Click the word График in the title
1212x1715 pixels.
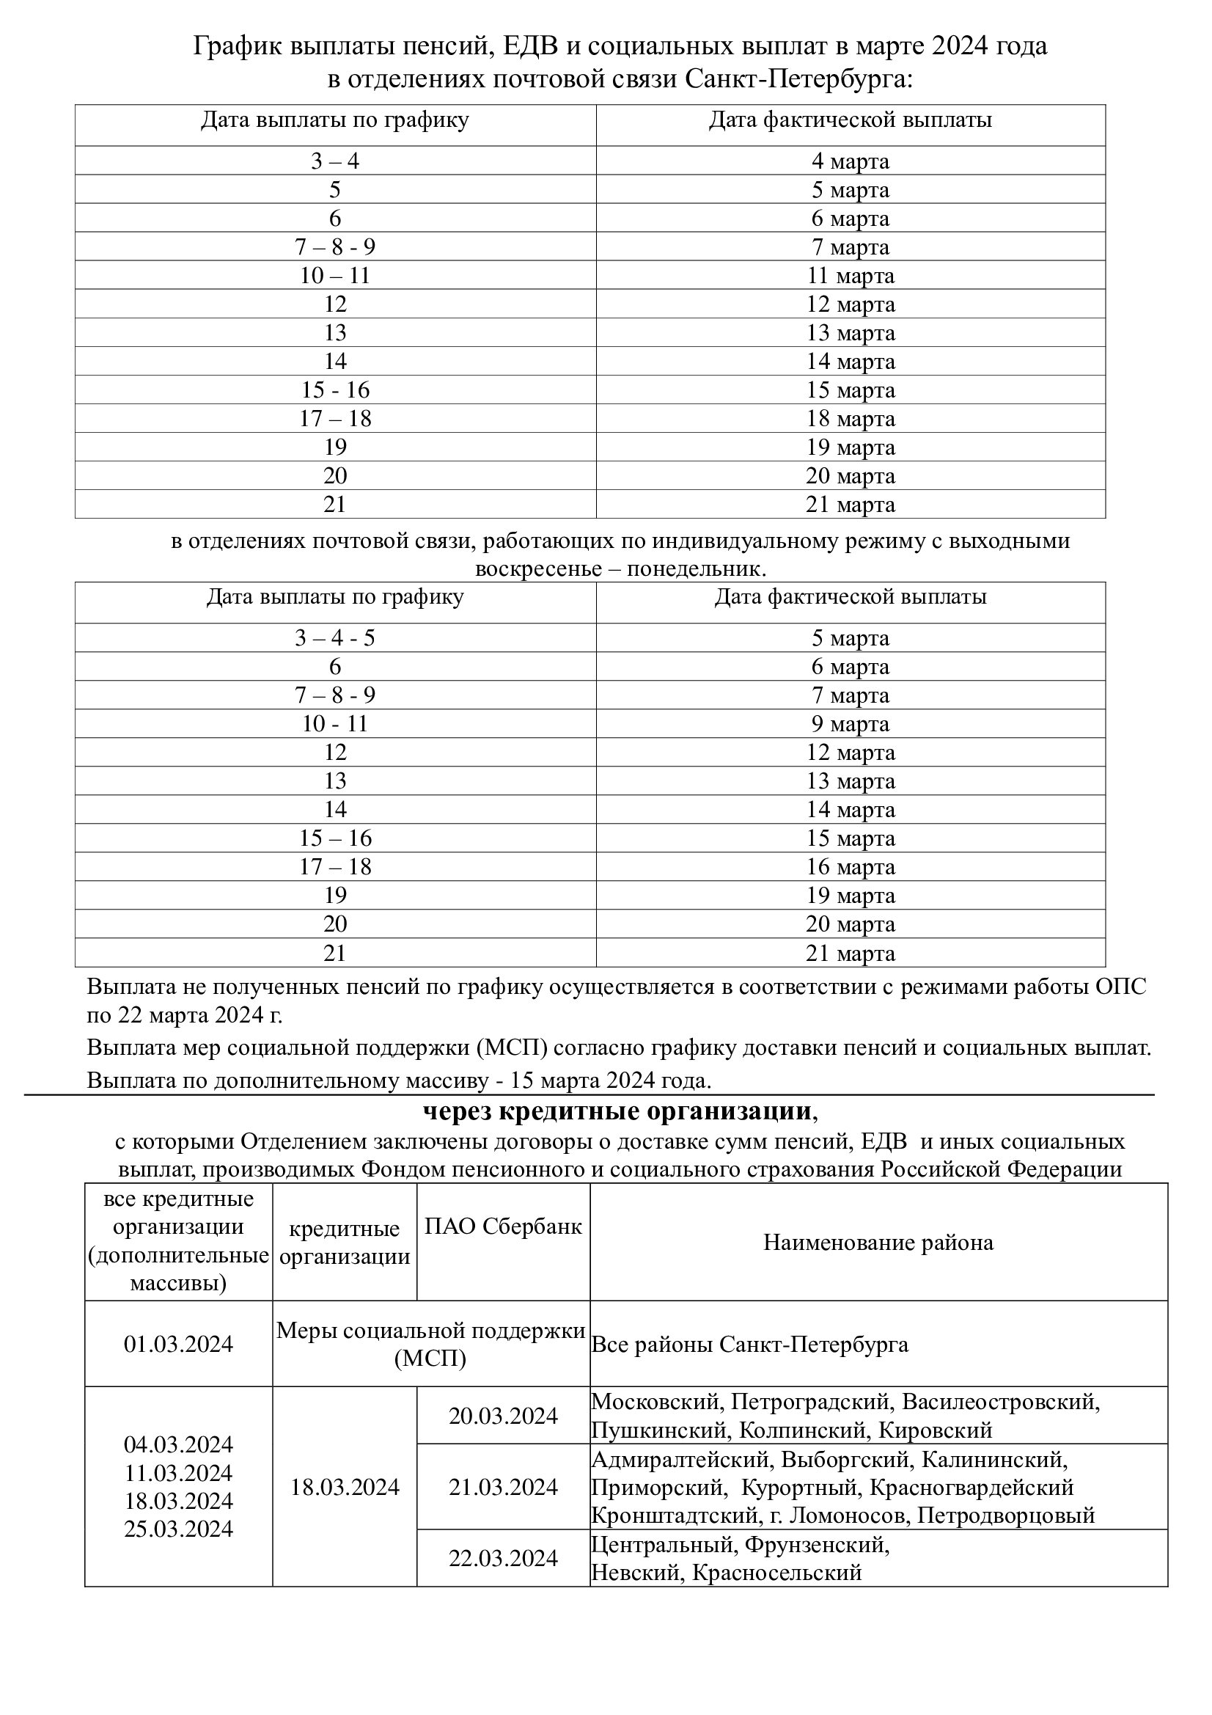[x=238, y=46]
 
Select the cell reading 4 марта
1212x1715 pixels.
[x=850, y=161]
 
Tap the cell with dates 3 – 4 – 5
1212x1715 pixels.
[x=334, y=638]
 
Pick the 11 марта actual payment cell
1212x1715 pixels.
[x=850, y=276]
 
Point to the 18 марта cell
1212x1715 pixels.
[x=850, y=418]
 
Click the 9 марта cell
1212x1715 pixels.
[x=850, y=724]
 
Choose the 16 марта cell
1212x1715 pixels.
[x=850, y=866]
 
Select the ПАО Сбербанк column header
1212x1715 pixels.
[x=502, y=1226]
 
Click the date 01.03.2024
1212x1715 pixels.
[x=178, y=1345]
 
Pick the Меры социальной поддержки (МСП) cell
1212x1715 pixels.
[x=430, y=1345]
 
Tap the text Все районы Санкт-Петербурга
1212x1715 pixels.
[x=750, y=1345]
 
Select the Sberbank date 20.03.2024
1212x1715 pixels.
[x=502, y=1416]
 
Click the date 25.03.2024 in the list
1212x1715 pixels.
[x=178, y=1529]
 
